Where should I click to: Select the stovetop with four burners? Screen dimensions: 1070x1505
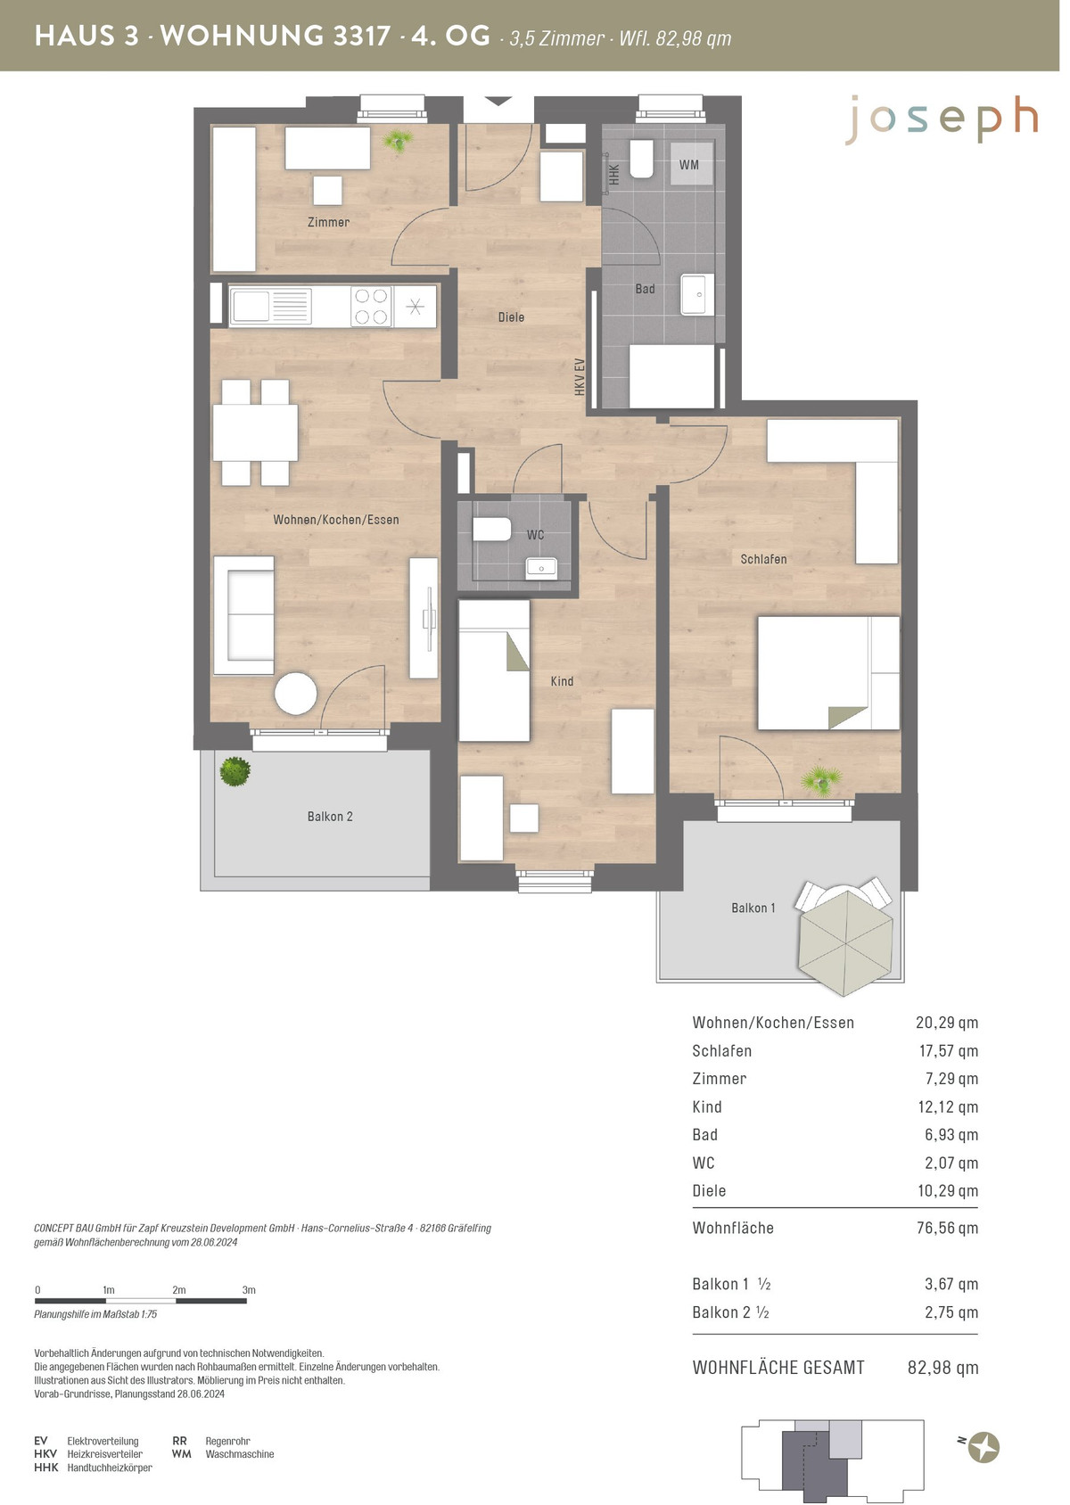pos(371,307)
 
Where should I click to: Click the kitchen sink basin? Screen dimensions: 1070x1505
pos(250,306)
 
